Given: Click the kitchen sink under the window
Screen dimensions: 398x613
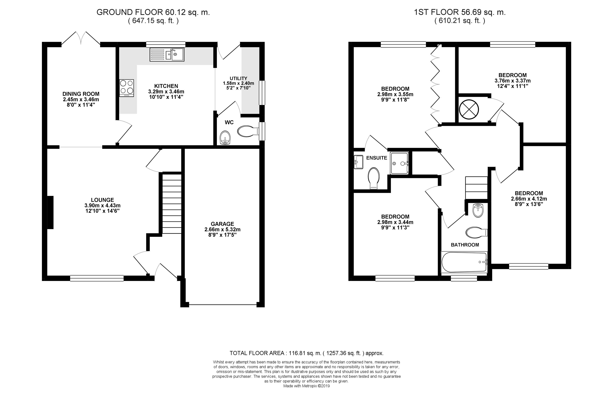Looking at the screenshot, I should (x=167, y=54).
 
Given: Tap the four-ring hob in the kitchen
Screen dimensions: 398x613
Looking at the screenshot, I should (x=126, y=88).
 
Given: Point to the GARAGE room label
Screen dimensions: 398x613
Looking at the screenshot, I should (x=222, y=224).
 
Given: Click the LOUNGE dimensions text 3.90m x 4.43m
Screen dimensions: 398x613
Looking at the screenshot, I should (x=102, y=205).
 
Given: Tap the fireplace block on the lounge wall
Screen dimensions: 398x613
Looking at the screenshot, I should (x=50, y=212).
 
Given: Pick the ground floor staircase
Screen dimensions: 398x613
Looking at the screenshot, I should (x=172, y=203).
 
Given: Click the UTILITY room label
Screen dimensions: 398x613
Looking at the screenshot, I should (x=238, y=78).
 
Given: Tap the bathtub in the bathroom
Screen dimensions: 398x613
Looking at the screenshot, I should (x=464, y=262).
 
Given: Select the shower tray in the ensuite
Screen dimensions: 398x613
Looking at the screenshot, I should (x=399, y=163).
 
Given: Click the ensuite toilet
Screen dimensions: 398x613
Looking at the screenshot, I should (x=374, y=178).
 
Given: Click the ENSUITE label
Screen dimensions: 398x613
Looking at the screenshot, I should (x=377, y=158).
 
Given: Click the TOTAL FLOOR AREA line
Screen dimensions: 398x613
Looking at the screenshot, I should (x=306, y=353).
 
